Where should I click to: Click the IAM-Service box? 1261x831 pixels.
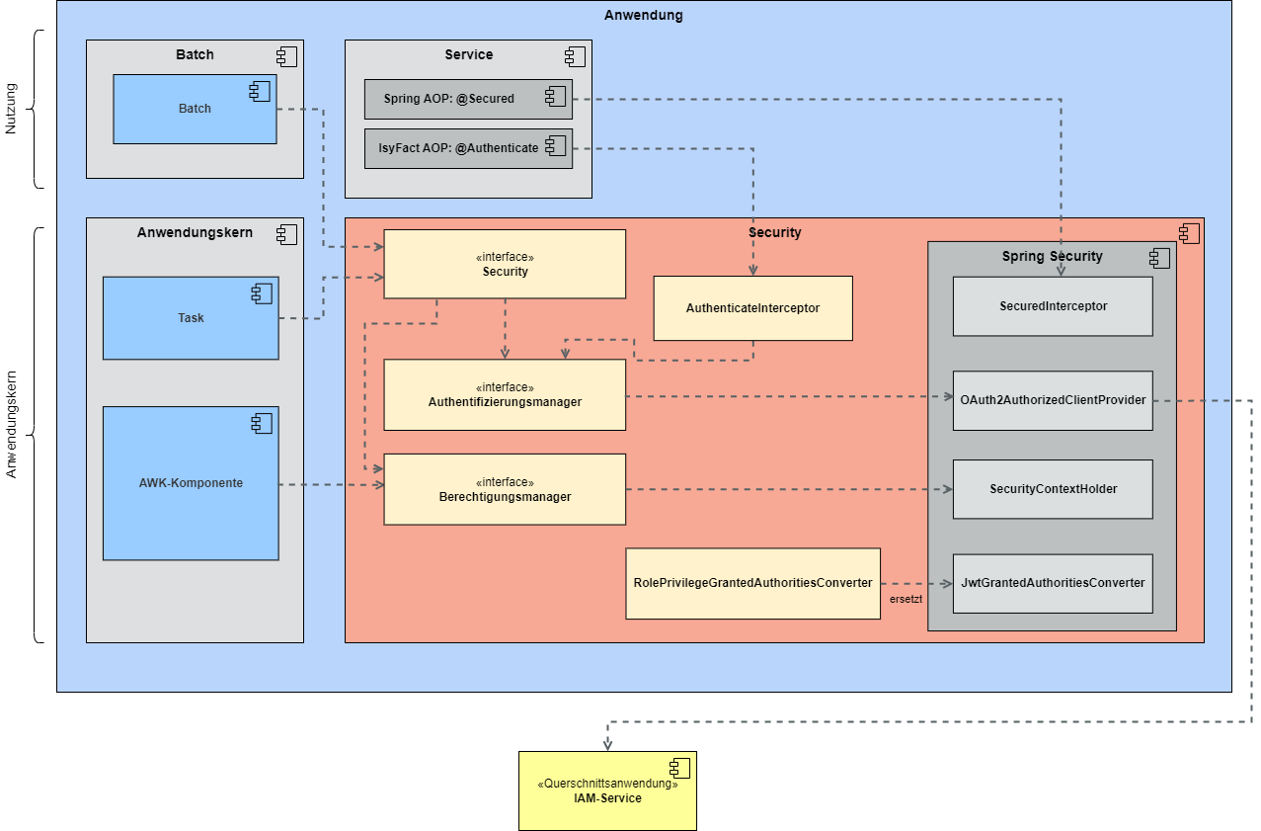pos(607,790)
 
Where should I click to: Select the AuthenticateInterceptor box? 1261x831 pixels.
pos(752,308)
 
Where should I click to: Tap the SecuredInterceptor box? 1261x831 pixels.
pos(1053,306)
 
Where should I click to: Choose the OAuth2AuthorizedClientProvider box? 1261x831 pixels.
pos(1053,400)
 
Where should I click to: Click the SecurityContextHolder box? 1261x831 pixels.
pos(1053,489)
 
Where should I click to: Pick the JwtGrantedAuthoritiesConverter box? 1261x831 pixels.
pos(1053,583)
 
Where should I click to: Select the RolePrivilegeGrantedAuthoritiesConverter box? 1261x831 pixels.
pos(752,583)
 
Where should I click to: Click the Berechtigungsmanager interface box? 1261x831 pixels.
pos(505,489)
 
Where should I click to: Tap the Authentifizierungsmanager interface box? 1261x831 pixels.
pos(505,395)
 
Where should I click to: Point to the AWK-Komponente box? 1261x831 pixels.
pos(191,483)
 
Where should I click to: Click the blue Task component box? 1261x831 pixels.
pos(191,318)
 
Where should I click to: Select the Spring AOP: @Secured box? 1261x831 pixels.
pos(468,99)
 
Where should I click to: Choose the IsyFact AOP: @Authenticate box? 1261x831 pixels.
pos(468,148)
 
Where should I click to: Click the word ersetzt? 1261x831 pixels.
pos(906,599)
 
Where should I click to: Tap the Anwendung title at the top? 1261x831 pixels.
pos(643,15)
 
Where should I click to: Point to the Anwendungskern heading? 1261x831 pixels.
pos(195,233)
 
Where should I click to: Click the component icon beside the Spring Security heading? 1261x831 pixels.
pos(1159,258)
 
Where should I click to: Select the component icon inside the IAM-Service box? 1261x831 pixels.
pos(679,769)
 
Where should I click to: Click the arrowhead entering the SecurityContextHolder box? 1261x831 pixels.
pos(947,489)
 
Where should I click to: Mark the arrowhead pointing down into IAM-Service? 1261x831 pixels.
pos(607,745)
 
